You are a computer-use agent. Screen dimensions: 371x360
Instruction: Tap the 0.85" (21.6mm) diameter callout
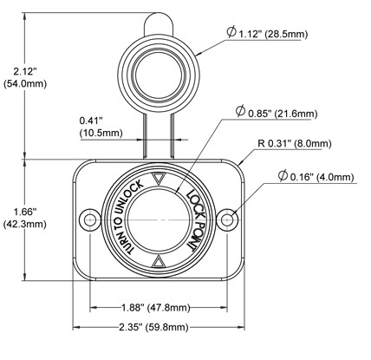click(277, 112)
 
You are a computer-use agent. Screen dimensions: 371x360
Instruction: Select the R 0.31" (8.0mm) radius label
click(295, 143)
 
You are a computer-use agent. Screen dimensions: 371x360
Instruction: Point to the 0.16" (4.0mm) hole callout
click(316, 176)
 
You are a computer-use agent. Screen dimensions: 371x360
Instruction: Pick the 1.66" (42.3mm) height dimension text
click(25, 218)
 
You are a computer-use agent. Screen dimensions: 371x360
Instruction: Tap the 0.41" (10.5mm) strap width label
click(101, 127)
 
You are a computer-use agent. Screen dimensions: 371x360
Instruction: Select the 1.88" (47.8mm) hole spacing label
click(155, 308)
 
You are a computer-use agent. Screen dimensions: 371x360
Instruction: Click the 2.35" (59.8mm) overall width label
click(153, 327)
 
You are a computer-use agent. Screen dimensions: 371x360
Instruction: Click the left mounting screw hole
click(90, 219)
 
